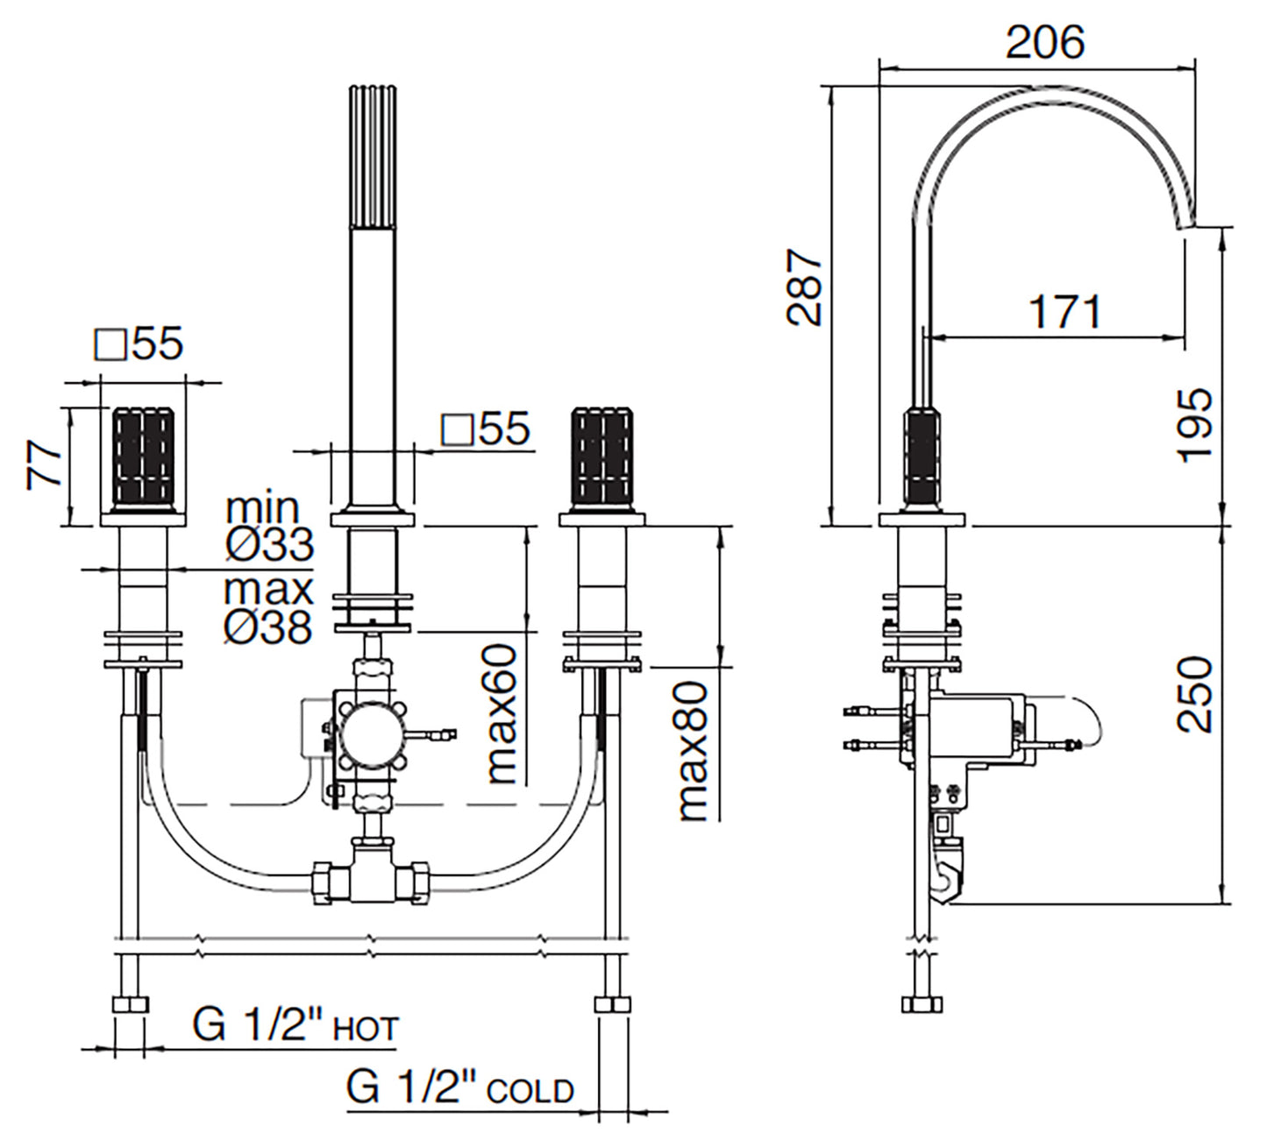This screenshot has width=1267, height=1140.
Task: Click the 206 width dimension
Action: click(1044, 43)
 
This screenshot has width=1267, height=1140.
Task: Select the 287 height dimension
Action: click(805, 287)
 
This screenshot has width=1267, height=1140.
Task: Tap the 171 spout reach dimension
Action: click(1064, 311)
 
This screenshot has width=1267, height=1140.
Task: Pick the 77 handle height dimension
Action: click(44, 465)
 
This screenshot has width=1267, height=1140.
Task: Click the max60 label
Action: click(503, 714)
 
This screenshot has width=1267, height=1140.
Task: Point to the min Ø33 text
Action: click(268, 527)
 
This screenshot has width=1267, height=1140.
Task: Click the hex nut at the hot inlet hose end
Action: click(130, 1005)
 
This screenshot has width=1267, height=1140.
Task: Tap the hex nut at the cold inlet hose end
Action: click(612, 1005)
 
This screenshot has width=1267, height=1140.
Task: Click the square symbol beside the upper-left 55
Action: click(112, 345)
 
